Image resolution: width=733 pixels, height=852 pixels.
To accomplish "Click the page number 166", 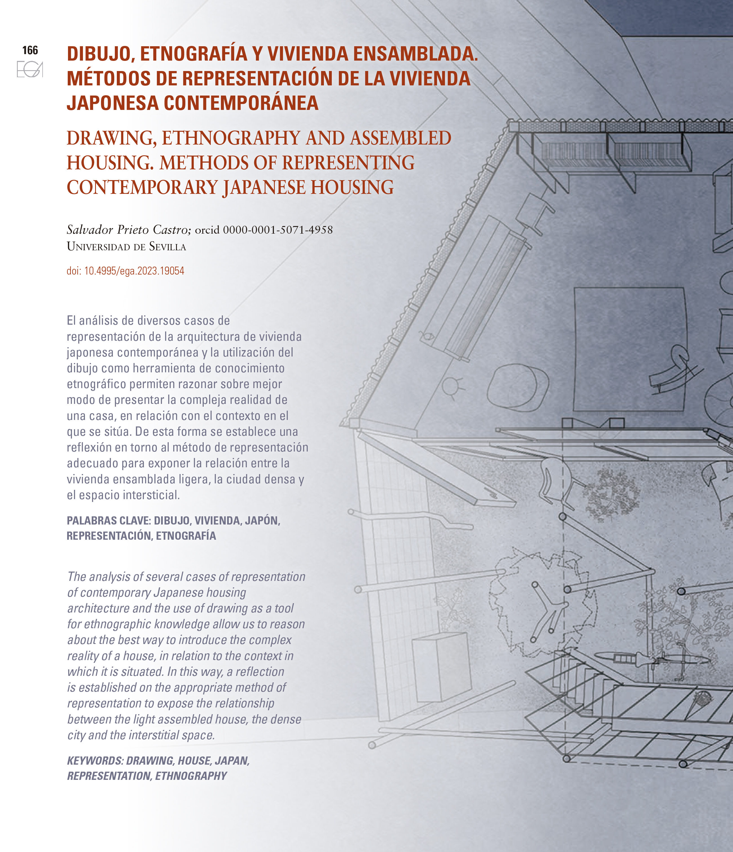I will [30, 50].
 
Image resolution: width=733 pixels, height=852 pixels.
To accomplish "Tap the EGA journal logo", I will [30, 69].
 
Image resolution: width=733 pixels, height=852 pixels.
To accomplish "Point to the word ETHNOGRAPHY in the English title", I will [231, 138].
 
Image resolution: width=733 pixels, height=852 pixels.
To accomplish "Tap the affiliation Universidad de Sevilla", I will [126, 247].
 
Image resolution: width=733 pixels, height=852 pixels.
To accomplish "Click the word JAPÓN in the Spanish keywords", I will [262, 521].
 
